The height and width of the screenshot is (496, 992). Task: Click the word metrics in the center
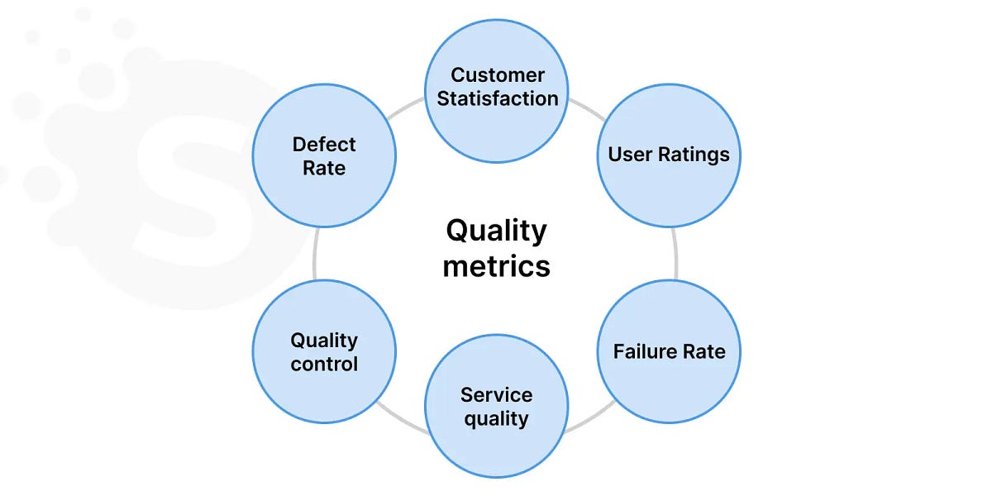point(496,266)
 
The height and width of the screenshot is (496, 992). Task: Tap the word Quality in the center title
point(496,231)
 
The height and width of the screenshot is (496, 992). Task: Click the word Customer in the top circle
point(498,75)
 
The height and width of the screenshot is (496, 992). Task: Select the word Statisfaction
point(498,98)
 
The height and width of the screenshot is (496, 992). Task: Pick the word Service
point(496,394)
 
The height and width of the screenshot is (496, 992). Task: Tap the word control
point(324,364)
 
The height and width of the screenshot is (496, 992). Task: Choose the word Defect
point(324,145)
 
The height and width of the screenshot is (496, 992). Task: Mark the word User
point(625,155)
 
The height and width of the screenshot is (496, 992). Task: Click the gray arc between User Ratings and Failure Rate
point(675,253)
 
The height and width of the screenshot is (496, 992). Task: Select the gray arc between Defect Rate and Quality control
point(315,253)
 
